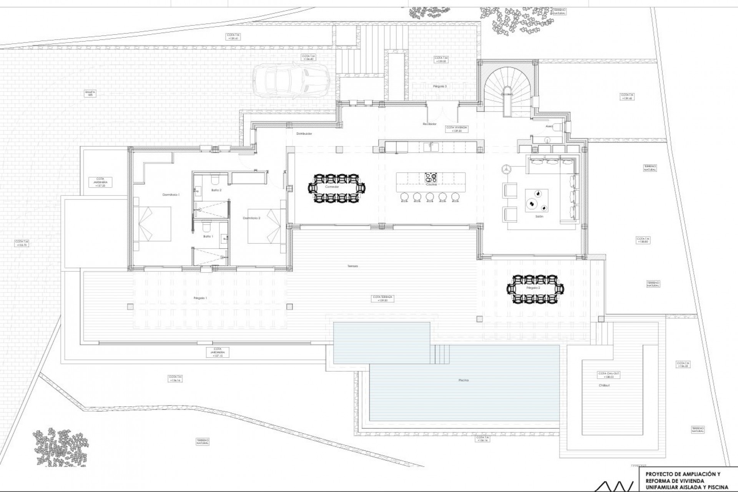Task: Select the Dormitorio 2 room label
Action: click(x=252, y=218)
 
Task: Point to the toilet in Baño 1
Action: click(x=206, y=227)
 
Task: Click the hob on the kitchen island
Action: click(x=431, y=178)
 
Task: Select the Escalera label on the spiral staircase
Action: click(x=507, y=94)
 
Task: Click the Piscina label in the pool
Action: click(x=464, y=380)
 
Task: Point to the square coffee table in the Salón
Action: click(x=537, y=200)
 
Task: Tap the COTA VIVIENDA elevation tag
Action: click(x=457, y=129)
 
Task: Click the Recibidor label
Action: click(x=429, y=124)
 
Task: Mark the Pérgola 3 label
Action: click(x=440, y=86)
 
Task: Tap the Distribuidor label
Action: click(x=304, y=134)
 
